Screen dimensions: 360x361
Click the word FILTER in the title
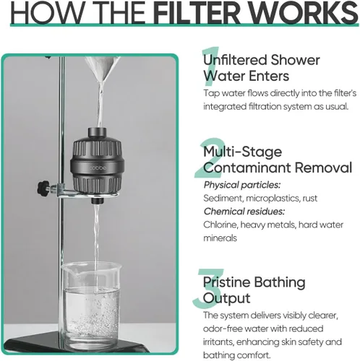pyautogui.click(x=197, y=12)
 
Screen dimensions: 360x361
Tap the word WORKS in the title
pyautogui.click(x=303, y=12)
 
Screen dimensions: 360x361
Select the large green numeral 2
pyautogui.click(x=210, y=157)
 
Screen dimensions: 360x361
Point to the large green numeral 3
pyautogui.click(x=207, y=288)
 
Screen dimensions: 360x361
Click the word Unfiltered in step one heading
pyautogui.click(x=235, y=60)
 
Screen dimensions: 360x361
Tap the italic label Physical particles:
pyautogui.click(x=242, y=185)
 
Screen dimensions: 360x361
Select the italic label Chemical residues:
pyautogui.click(x=244, y=212)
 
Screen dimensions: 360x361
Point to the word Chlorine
pyautogui.click(x=220, y=225)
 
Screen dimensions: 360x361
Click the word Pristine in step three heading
pyautogui.click(x=226, y=282)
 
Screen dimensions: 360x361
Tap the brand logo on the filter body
pyautogui.click(x=98, y=168)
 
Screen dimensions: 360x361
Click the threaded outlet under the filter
pyautogui.click(x=98, y=200)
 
